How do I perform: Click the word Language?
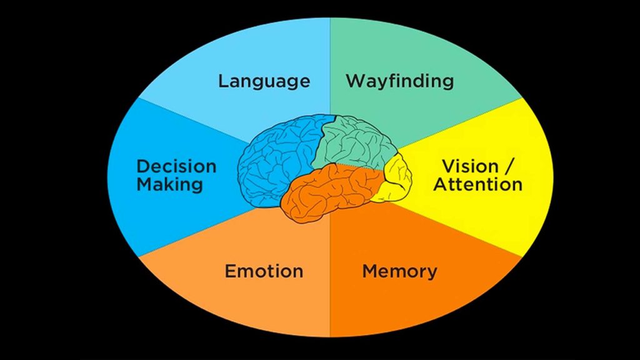click(x=264, y=81)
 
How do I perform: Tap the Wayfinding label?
click(x=399, y=81)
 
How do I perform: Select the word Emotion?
click(x=264, y=271)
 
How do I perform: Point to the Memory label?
click(x=399, y=271)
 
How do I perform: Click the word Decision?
click(x=176, y=166)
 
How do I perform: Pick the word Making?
click(x=169, y=184)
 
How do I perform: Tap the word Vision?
click(x=470, y=166)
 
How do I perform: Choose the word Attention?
click(x=478, y=184)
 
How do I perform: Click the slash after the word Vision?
click(x=510, y=166)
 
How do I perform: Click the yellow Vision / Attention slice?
click(x=500, y=212)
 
